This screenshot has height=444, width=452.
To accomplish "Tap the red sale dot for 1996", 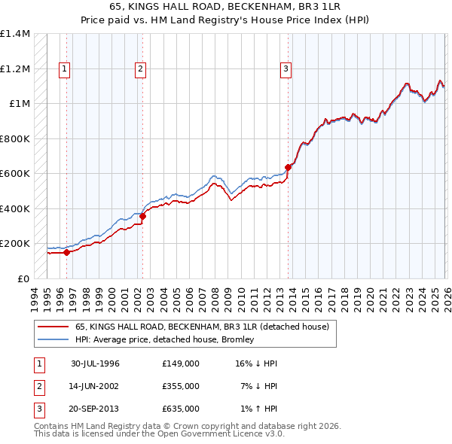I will tap(67, 253).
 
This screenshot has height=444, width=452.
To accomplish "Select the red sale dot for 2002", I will tap(142, 217).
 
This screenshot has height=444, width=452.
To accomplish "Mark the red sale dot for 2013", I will tap(288, 168).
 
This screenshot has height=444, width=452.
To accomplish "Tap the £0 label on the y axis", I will tap(23, 278).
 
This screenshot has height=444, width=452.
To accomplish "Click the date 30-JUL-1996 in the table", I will tap(95, 363).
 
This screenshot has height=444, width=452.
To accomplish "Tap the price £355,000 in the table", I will tap(180, 386).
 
